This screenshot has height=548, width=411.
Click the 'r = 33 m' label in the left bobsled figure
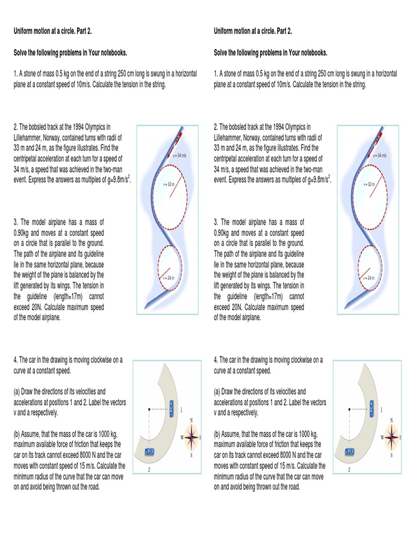[169, 184]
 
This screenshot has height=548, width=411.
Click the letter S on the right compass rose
[391, 455]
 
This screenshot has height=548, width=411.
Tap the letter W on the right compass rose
[382, 437]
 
